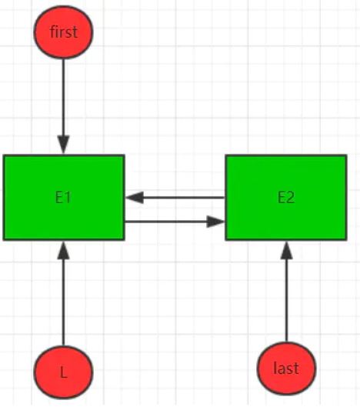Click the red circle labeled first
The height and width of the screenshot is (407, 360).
(63, 32)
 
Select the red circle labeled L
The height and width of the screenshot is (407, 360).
(63, 372)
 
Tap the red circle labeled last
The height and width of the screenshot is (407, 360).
(286, 369)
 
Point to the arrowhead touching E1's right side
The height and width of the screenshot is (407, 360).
(135, 198)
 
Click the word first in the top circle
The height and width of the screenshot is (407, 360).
(63, 32)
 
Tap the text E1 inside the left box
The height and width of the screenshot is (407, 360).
(63, 198)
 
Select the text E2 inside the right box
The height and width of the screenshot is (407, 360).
(286, 198)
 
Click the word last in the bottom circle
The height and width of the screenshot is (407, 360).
(286, 369)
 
